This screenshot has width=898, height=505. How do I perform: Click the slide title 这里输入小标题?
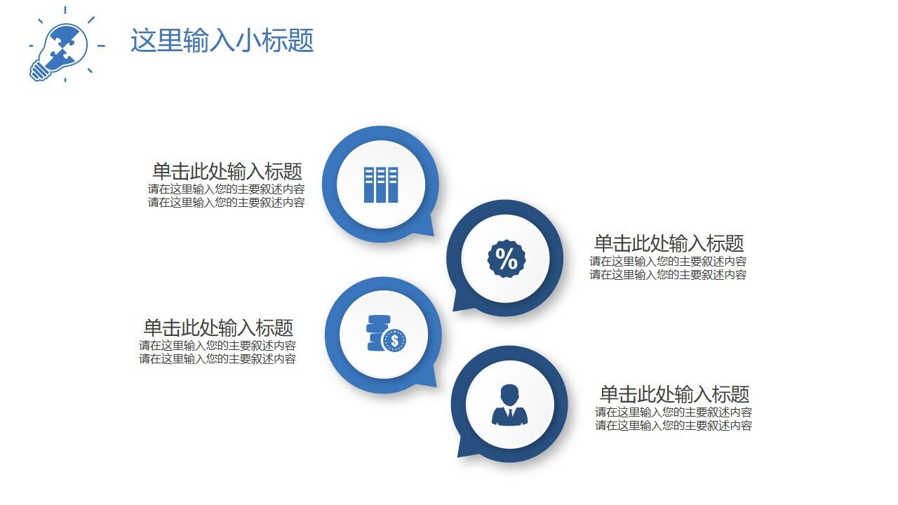tap(222, 41)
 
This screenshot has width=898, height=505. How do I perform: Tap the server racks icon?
tap(381, 185)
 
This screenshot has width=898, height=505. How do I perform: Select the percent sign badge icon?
tap(506, 259)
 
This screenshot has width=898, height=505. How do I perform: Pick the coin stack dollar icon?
tap(385, 335)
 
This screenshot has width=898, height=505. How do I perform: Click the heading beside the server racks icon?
tap(227, 171)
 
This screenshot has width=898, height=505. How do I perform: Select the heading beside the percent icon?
tap(669, 243)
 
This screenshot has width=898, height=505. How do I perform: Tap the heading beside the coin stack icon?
tap(218, 328)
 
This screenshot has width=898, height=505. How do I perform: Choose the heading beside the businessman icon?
tap(674, 393)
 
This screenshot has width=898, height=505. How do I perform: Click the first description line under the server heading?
tap(226, 189)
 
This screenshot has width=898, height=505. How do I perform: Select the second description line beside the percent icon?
tap(668, 275)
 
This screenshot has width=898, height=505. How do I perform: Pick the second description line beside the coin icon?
tap(217, 359)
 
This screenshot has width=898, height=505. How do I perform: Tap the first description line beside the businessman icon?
tap(673, 412)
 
